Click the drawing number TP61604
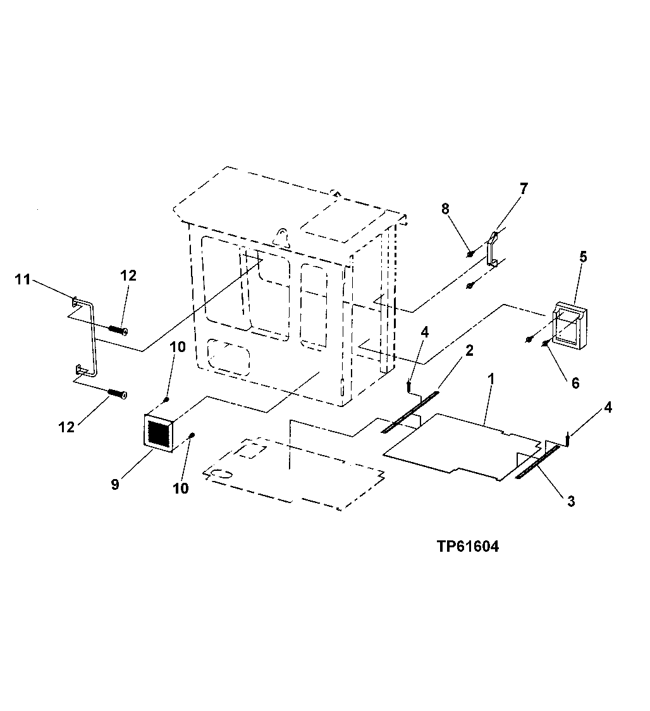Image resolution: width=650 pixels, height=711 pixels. point(467,547)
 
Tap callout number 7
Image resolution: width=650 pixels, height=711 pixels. point(524,188)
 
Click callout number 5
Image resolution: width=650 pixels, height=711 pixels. point(583,257)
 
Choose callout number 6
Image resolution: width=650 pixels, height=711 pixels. point(575,383)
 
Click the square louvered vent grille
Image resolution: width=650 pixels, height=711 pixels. point(161,433)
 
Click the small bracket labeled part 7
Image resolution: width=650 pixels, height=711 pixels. point(494,250)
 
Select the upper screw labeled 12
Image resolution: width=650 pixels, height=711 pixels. point(118,329)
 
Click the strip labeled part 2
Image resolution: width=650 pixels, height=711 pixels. point(410,412)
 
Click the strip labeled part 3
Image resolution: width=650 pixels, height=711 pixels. point(537,462)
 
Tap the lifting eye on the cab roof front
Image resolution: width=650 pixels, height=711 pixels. point(281,234)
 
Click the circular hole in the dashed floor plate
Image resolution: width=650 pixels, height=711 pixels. point(223,473)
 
